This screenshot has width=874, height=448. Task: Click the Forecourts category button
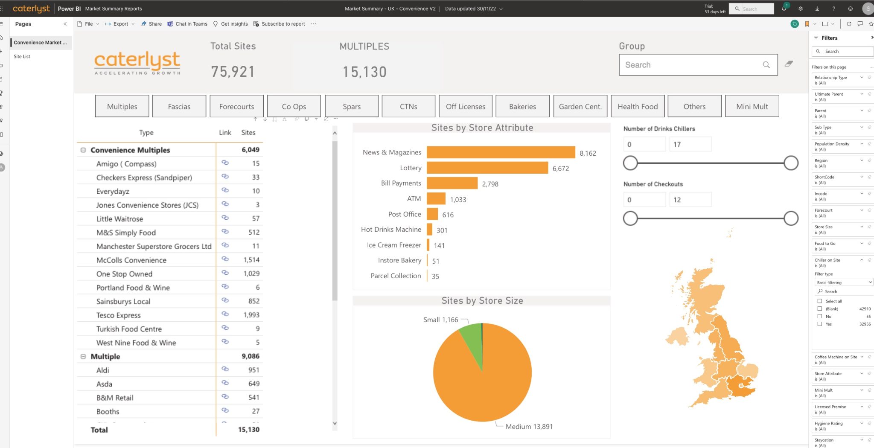point(236,106)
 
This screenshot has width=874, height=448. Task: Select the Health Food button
point(638,106)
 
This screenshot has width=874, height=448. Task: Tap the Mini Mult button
point(752,106)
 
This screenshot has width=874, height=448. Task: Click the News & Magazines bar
point(501,152)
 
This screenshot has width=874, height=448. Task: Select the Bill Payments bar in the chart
point(452,183)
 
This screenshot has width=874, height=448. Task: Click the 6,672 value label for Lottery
point(560,169)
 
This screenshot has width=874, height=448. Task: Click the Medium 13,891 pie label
point(529,426)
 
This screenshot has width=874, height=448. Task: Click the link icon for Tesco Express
point(225,314)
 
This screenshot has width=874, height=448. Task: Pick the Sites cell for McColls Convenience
point(251,260)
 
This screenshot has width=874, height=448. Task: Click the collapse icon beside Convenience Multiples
point(83,150)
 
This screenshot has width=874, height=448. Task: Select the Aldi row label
point(102,370)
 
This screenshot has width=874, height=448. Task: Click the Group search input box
point(691,65)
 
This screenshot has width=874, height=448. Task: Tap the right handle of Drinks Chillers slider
point(791,163)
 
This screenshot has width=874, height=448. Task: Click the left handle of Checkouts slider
point(630,218)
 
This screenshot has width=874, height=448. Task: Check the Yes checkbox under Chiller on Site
point(819,324)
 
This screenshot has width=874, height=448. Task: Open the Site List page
point(22,56)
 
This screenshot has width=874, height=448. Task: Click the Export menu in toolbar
point(120,24)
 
